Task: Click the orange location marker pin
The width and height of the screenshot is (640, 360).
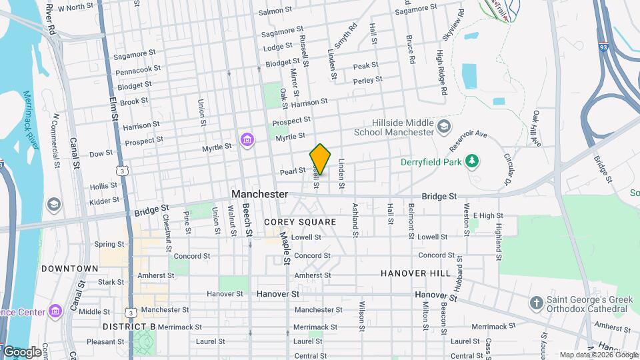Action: click(320, 159)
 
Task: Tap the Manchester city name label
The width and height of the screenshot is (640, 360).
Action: click(260, 194)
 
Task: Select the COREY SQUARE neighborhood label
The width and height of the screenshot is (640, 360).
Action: click(300, 221)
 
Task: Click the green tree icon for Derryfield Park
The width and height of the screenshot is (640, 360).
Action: click(472, 161)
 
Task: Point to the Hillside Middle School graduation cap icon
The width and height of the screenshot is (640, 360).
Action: click(443, 126)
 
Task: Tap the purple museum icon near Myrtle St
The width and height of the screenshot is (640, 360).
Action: click(247, 140)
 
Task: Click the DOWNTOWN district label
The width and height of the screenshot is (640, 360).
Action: click(69, 269)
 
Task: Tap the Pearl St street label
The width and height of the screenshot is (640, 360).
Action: click(292, 171)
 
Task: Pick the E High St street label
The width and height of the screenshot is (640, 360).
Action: click(487, 215)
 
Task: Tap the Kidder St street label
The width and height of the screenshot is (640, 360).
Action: click(105, 199)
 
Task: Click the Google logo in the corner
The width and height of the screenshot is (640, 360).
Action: click(21, 351)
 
